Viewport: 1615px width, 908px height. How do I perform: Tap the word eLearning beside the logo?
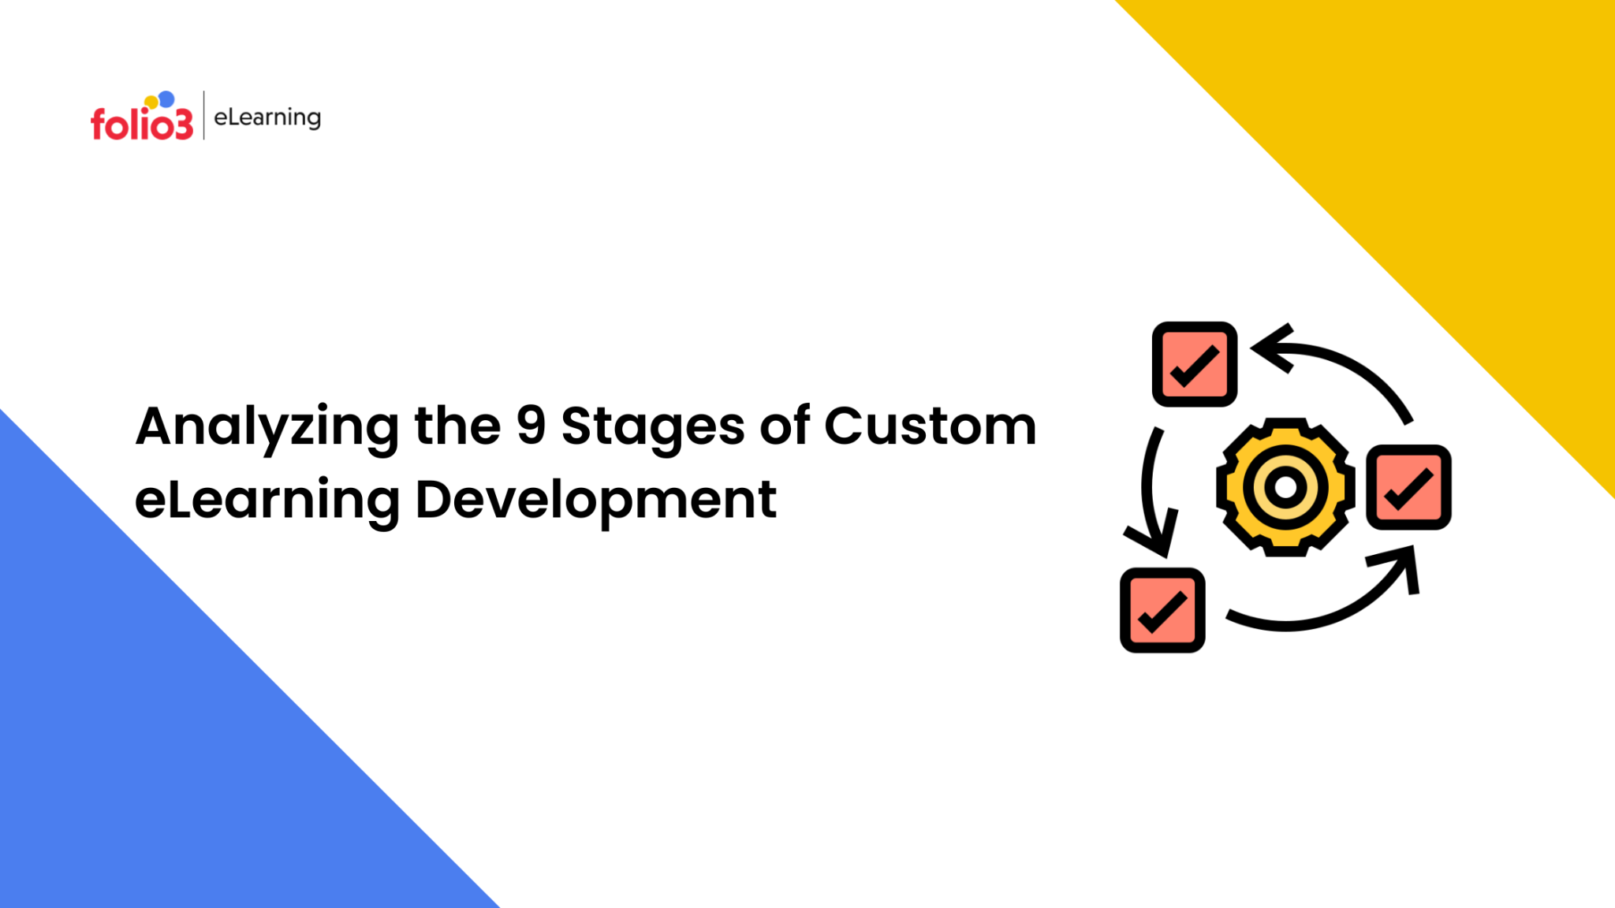(267, 117)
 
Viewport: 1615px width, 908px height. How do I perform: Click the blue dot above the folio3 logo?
(166, 99)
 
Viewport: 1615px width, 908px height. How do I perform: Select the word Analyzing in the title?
(267, 429)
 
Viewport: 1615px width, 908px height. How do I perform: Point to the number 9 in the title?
(531, 425)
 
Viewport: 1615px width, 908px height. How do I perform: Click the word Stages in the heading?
(653, 429)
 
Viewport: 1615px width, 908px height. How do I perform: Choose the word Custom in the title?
(931, 426)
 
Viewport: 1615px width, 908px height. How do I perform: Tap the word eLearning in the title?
(267, 502)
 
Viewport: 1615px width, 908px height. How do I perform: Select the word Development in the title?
(596, 502)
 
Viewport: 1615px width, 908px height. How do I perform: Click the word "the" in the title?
(457, 425)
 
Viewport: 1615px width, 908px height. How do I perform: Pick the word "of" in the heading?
(785, 425)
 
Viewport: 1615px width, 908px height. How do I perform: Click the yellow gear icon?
(1286, 487)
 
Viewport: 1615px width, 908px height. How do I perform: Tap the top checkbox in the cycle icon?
(1195, 364)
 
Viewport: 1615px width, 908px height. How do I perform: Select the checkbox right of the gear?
(1409, 487)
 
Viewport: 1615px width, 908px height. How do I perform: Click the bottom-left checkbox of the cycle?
(1162, 610)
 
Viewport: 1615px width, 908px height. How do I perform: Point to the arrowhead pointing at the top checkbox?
(1271, 348)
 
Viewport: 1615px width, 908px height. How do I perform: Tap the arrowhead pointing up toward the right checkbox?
(1400, 566)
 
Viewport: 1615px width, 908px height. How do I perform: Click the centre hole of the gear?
(1286, 487)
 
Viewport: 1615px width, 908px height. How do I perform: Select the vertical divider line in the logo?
(204, 115)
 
